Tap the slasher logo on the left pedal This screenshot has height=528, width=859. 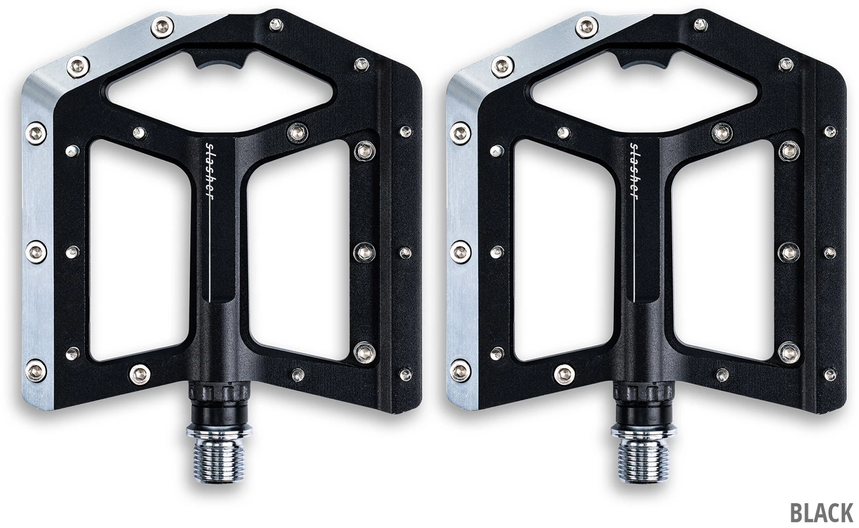[210, 171]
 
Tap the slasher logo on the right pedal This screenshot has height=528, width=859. [634, 171]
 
